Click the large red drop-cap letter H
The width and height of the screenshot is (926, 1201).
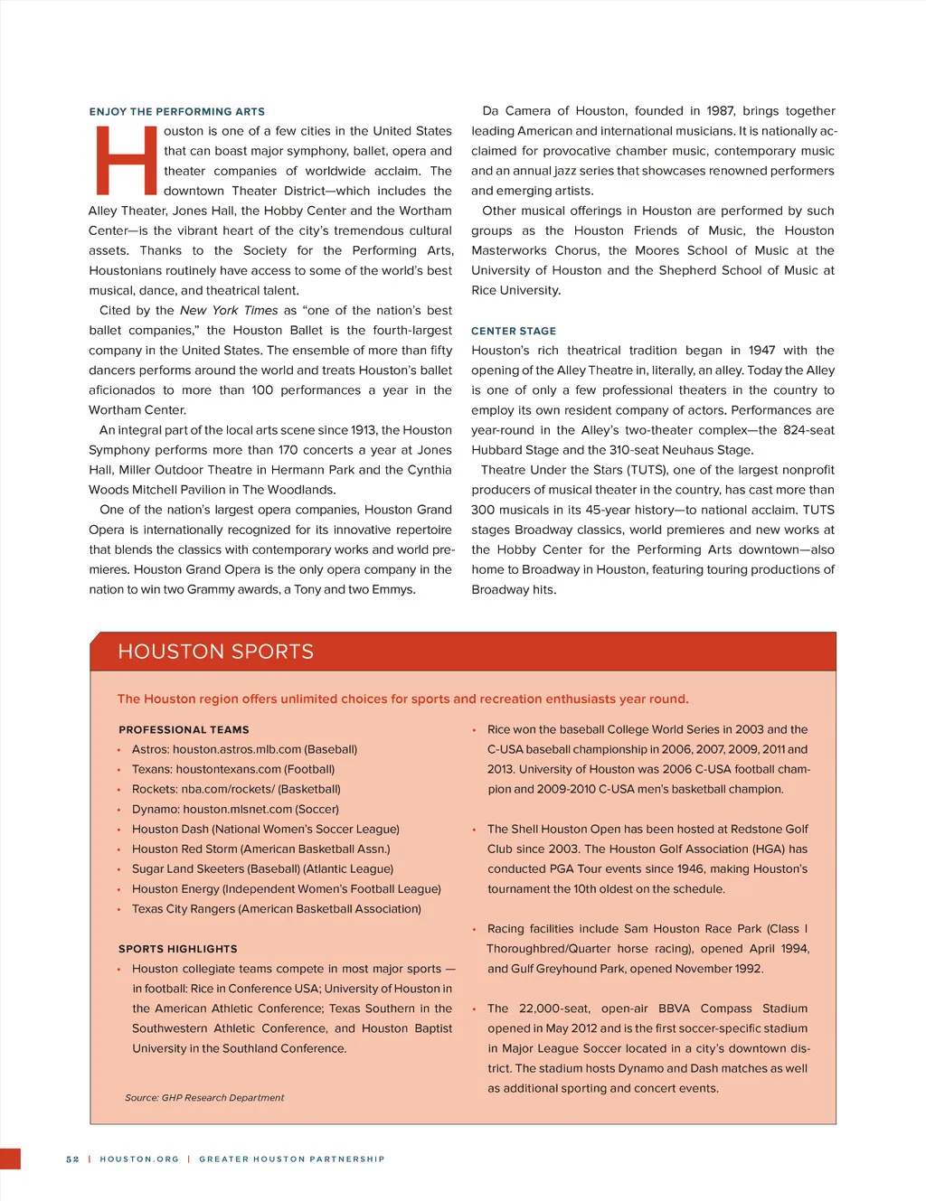click(x=126, y=161)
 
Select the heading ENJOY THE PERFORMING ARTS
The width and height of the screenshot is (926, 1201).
click(x=177, y=112)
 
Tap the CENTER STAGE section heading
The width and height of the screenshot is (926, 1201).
click(x=514, y=332)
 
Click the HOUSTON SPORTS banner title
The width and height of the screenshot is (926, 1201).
click(x=216, y=652)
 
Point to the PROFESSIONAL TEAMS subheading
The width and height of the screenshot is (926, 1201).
click(x=184, y=730)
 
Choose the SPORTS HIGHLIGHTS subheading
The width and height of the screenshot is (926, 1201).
click(x=178, y=950)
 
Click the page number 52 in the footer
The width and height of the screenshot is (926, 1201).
click(x=72, y=1159)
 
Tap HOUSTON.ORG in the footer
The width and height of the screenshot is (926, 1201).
click(x=139, y=1159)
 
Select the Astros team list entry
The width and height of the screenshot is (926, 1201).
click(x=244, y=750)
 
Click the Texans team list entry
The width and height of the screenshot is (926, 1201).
click(x=233, y=770)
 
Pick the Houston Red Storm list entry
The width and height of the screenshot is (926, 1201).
click(x=261, y=849)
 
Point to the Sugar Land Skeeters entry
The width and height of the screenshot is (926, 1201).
click(x=262, y=869)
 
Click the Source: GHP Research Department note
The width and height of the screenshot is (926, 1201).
click(x=204, y=1098)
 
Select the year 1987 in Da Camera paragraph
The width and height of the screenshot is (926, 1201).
click(x=720, y=111)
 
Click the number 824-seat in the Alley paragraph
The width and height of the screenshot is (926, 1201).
click(x=808, y=431)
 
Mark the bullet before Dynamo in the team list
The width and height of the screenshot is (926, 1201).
click(x=118, y=811)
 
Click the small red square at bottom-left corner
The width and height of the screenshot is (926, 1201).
click(x=10, y=1159)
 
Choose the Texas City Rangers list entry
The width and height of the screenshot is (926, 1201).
click(x=277, y=909)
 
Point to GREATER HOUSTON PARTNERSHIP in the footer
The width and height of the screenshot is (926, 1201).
click(x=292, y=1159)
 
